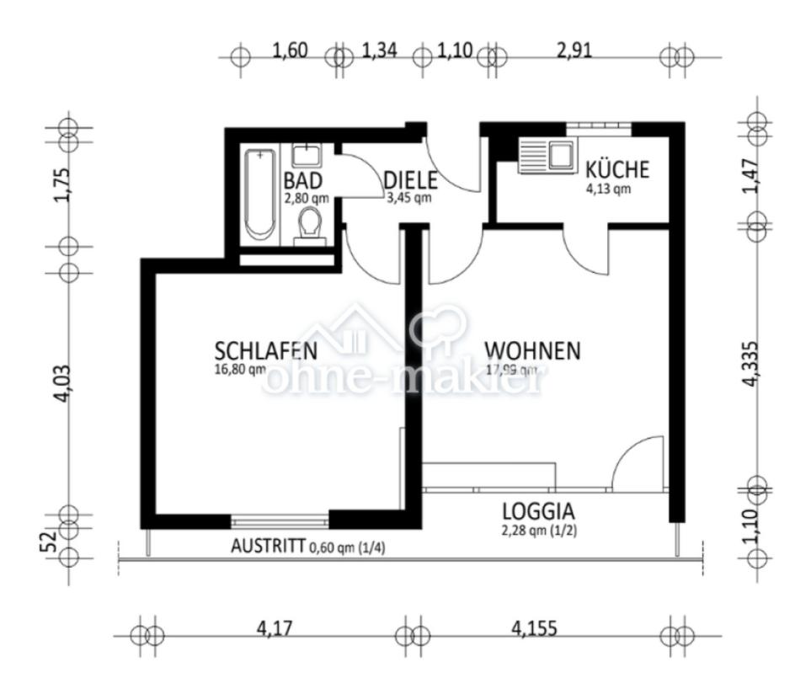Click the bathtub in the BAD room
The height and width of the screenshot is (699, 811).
pyautogui.click(x=259, y=194)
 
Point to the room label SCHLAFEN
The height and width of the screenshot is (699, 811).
pyautogui.click(x=265, y=350)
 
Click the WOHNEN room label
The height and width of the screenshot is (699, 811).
pyautogui.click(x=532, y=350)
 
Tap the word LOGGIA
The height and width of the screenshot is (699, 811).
pyautogui.click(x=538, y=510)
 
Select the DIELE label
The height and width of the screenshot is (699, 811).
pyautogui.click(x=410, y=180)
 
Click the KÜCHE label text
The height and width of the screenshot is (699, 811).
pyautogui.click(x=617, y=169)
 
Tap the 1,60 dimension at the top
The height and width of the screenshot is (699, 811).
pyautogui.click(x=290, y=51)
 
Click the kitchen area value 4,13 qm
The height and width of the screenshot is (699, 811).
pyautogui.click(x=607, y=189)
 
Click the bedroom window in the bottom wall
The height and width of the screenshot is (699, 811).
pyautogui.click(x=279, y=519)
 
